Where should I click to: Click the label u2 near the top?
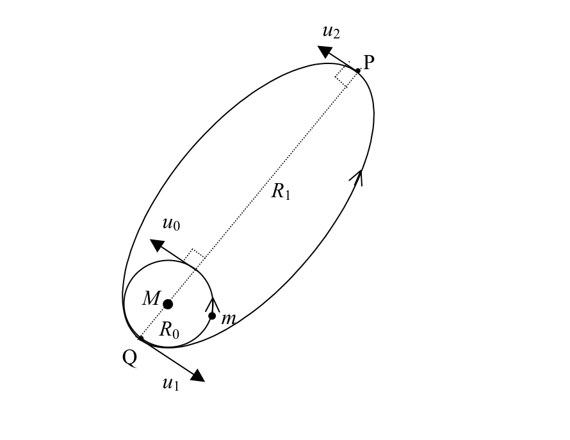tap(331, 32)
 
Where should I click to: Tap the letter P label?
tap(369, 63)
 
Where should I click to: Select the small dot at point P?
tap(358, 71)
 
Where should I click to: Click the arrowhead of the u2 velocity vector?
tap(325, 51)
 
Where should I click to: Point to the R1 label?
tap(281, 191)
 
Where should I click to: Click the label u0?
tap(171, 224)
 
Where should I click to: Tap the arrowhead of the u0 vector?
tap(158, 245)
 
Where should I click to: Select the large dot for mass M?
tap(168, 304)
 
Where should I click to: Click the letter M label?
tap(151, 298)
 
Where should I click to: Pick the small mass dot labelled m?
tap(212, 316)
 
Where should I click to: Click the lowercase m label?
tap(228, 319)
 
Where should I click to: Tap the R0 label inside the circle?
tap(170, 330)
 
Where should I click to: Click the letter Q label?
tap(130, 358)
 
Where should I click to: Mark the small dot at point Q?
tap(141, 339)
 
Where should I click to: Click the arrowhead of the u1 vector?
tap(197, 376)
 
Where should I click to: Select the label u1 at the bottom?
tap(171, 384)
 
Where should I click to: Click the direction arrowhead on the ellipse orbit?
tap(357, 177)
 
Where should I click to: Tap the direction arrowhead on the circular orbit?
tap(212, 305)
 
